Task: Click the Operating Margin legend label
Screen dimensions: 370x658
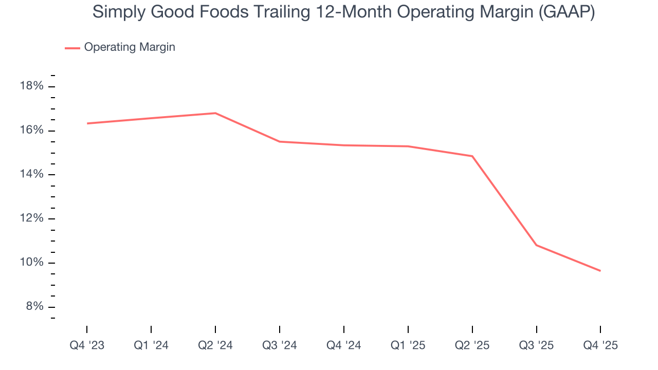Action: (x=130, y=47)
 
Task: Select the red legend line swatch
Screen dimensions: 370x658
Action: (x=72, y=48)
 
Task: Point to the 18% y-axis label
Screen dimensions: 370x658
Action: (x=31, y=86)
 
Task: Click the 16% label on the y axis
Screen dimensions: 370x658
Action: (x=31, y=130)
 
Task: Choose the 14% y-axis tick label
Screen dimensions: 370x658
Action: (x=31, y=174)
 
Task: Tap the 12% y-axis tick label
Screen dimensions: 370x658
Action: (x=31, y=218)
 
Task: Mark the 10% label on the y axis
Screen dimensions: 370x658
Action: (x=31, y=263)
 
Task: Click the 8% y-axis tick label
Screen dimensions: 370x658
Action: (x=34, y=306)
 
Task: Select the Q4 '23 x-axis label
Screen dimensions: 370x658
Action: (x=87, y=346)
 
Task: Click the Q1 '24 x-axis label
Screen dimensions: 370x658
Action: (x=151, y=346)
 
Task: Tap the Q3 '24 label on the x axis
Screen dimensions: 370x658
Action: (x=280, y=346)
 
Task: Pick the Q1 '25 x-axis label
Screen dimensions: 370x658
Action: (x=408, y=346)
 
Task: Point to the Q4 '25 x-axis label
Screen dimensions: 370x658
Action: (x=600, y=346)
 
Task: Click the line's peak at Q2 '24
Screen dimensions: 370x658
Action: (x=215, y=113)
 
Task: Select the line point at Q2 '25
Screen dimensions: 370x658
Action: (x=472, y=156)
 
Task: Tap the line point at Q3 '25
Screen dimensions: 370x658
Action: (x=537, y=245)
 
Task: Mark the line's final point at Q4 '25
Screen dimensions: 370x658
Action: (x=600, y=271)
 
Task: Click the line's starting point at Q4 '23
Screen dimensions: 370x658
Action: (x=87, y=123)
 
